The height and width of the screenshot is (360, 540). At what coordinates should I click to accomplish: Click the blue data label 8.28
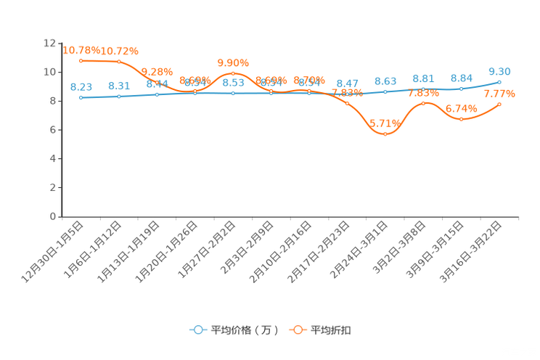81,86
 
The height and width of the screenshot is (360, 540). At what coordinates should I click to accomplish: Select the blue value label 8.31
119,85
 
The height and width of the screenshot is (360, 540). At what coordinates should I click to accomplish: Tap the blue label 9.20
500,70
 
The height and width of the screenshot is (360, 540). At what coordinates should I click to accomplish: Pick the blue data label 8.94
462,78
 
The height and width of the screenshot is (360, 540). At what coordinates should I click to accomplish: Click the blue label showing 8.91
424,78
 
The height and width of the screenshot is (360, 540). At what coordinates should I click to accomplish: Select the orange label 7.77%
500,94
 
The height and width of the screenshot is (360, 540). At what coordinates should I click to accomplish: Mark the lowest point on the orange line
385,134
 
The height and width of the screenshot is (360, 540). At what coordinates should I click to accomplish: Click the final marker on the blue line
500,81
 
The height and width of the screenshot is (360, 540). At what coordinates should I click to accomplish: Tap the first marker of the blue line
81,97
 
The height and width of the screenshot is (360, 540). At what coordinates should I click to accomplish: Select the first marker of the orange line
81,60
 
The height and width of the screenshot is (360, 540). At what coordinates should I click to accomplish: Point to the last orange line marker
500,105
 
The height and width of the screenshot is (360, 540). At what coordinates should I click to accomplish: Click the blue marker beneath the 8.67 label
348,94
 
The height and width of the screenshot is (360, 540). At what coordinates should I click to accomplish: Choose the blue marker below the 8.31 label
119,97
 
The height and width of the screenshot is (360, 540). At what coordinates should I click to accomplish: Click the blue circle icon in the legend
198,330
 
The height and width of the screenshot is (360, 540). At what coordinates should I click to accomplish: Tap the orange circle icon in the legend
298,330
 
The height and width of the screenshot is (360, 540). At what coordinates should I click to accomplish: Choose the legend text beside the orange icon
332,330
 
